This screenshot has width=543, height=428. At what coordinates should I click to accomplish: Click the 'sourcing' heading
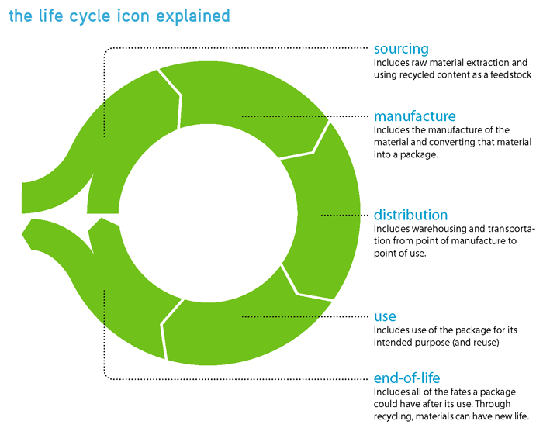point(401,49)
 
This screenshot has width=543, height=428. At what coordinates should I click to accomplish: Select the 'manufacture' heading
point(414,116)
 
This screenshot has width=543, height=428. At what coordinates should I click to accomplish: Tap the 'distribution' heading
point(410,215)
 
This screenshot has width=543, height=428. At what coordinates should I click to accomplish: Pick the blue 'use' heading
point(385,317)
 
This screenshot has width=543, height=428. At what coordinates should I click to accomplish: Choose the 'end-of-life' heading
point(407,378)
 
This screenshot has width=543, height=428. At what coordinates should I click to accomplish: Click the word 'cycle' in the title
point(89,17)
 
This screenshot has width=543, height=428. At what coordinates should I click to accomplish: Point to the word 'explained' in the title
point(193,16)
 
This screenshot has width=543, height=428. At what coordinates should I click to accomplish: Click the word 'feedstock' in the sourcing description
point(510,74)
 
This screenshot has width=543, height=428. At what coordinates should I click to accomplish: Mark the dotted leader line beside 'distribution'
point(344,215)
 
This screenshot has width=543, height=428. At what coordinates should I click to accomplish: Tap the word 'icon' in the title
point(133,16)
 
